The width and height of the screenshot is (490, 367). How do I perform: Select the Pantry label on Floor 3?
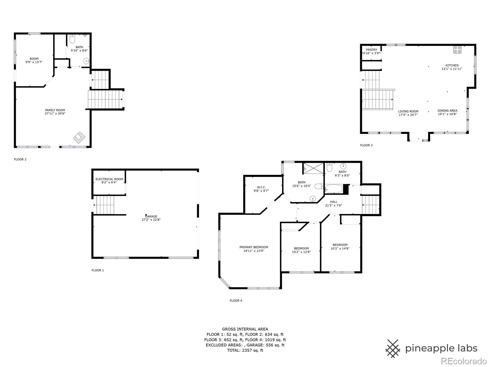371,50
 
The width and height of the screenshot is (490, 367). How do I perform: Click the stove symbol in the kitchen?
457,50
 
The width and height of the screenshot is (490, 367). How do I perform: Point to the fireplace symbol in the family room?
79,138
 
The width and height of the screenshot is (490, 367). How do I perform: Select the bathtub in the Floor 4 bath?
333,188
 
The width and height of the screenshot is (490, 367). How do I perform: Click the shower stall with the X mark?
313,169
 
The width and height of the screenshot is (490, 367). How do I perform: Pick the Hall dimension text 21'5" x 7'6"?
334,206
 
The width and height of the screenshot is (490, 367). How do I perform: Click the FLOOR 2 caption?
20,159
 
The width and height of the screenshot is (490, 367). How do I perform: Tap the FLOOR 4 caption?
236,301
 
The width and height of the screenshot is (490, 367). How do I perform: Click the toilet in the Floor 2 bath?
72,39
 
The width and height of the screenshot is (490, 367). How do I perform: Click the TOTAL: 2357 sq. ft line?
245,350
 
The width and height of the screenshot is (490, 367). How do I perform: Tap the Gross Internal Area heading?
245,329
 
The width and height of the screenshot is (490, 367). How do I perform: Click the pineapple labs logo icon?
393,348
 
